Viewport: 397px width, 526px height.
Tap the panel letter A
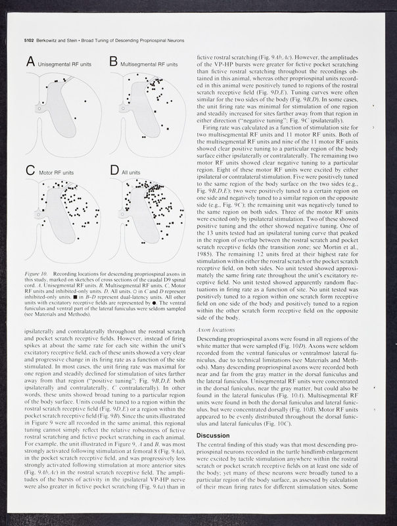(30, 64)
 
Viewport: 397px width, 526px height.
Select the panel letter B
(113, 64)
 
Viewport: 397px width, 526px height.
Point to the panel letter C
(30, 173)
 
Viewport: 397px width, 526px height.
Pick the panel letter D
(113, 172)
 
